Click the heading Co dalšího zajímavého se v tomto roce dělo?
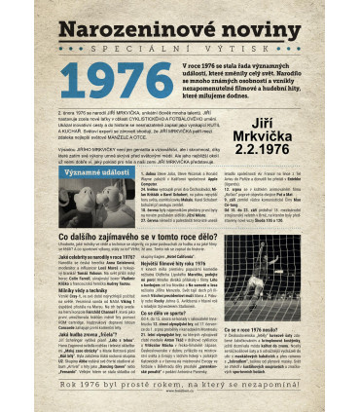pyautogui.click(x=138, y=237)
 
